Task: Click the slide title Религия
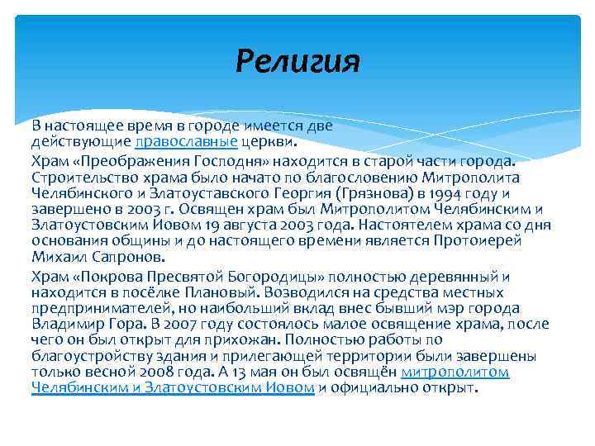click(297, 61)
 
